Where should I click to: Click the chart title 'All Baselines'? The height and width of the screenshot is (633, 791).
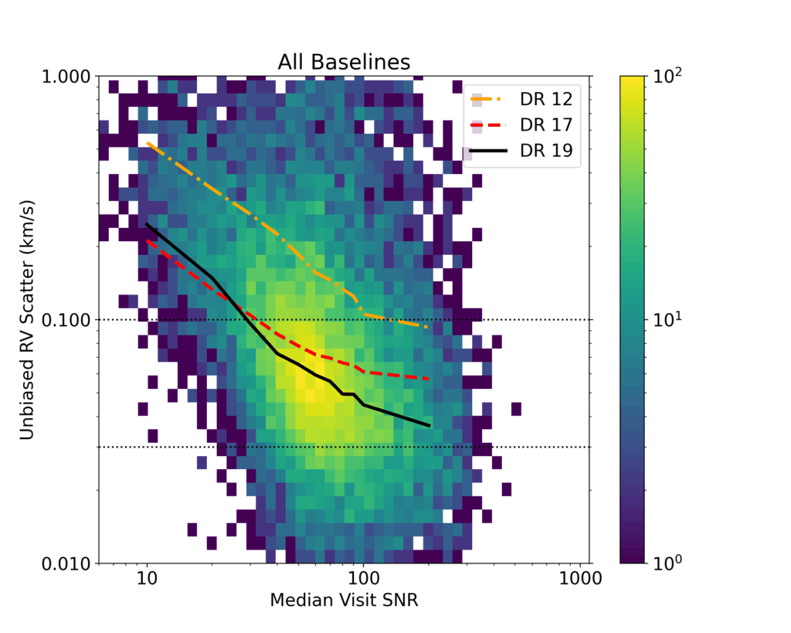pyautogui.click(x=344, y=61)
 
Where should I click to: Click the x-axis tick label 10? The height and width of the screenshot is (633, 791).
pyautogui.click(x=147, y=580)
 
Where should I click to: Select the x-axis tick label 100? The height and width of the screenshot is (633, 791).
pyautogui.click(x=362, y=580)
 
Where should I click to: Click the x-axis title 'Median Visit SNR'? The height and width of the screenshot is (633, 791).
pyautogui.click(x=344, y=601)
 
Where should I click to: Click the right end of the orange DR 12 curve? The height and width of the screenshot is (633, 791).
pyautogui.click(x=427, y=327)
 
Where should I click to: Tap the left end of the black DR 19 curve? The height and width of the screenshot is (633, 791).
pyautogui.click(x=147, y=224)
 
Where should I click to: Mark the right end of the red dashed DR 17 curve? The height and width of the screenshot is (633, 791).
pyautogui.click(x=429, y=379)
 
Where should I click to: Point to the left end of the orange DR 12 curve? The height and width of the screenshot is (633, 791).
pyautogui.click(x=147, y=143)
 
